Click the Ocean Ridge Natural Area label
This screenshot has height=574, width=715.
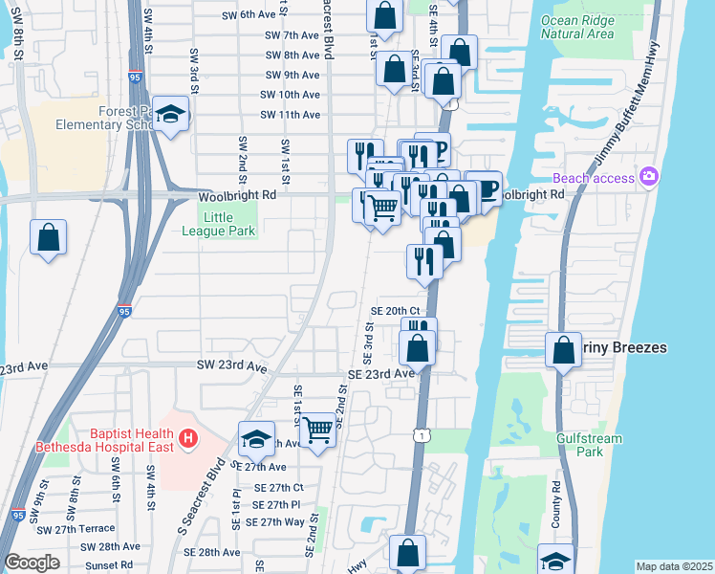[x=576, y=27]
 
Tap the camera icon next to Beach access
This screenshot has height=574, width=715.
[x=650, y=176]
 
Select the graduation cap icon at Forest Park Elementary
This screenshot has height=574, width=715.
[x=172, y=116]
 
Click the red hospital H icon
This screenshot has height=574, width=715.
[x=188, y=438]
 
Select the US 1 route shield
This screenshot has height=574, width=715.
[x=422, y=435]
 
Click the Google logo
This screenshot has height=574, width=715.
[x=32, y=563]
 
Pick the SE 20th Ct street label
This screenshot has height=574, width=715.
[x=396, y=311]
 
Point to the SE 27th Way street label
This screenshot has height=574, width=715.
[x=274, y=521]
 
